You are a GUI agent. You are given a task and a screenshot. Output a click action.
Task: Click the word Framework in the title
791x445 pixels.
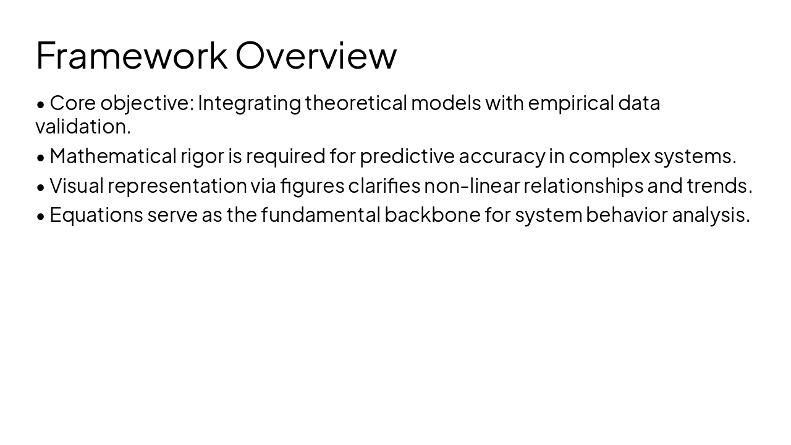click(x=132, y=55)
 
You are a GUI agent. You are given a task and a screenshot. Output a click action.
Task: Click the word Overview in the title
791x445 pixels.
click(x=316, y=55)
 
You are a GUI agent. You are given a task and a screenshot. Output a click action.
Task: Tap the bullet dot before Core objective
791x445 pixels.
click(x=41, y=104)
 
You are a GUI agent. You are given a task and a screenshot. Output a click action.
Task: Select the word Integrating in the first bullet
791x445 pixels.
click(x=249, y=103)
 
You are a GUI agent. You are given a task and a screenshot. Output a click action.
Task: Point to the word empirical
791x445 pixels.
click(x=571, y=103)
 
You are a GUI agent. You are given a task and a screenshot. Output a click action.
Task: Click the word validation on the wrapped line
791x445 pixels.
click(x=83, y=127)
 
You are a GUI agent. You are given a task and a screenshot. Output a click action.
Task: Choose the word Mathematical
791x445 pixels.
click(x=113, y=156)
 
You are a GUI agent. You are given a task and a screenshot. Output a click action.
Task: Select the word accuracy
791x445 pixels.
click(x=502, y=156)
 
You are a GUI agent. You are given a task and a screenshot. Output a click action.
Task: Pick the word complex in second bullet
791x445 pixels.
click(x=609, y=156)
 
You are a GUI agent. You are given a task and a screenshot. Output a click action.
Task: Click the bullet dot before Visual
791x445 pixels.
click(x=41, y=187)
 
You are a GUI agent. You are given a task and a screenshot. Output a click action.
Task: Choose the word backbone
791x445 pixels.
click(x=432, y=215)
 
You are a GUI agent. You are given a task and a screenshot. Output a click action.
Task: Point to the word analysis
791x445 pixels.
click(x=710, y=215)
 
